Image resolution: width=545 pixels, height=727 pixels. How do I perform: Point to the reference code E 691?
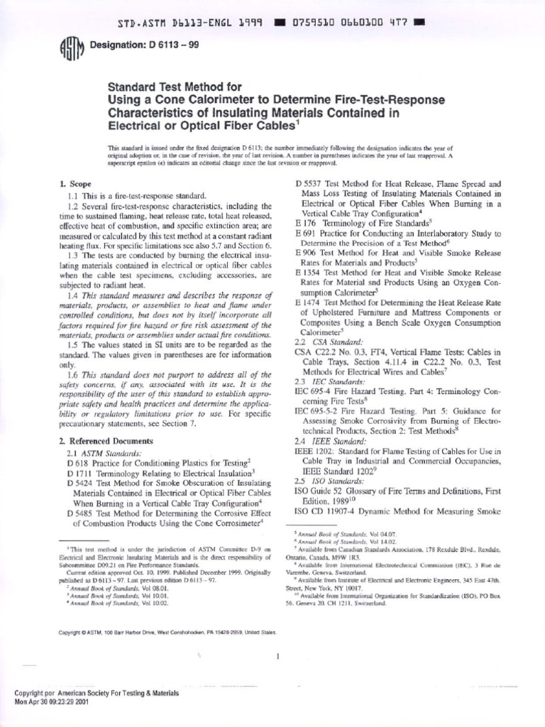click(x=307, y=234)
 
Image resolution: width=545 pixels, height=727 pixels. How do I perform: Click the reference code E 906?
click(x=307, y=253)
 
